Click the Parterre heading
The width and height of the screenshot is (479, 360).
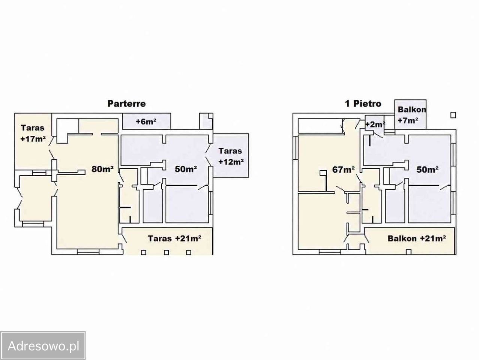pyautogui.click(x=126, y=103)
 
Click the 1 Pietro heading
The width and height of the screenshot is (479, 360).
pyautogui.click(x=363, y=103)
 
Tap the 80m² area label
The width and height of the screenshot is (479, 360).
pyautogui.click(x=102, y=169)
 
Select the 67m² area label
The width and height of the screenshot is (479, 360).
pyautogui.click(x=343, y=169)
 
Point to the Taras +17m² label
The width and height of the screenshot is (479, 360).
pyautogui.click(x=33, y=133)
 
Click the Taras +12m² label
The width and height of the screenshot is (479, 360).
pyautogui.click(x=231, y=156)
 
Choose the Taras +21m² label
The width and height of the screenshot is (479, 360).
pyautogui.click(x=174, y=238)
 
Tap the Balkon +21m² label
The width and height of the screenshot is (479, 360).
pyautogui.click(x=417, y=238)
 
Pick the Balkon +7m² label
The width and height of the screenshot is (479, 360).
pyautogui.click(x=411, y=115)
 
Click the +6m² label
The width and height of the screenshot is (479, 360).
pyautogui.click(x=146, y=121)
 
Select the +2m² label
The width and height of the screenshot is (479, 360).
pyautogui.click(x=375, y=124)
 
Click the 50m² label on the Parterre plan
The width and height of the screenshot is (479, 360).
pyautogui.click(x=186, y=169)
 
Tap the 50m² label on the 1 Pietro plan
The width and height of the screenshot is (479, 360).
pyautogui.click(x=427, y=169)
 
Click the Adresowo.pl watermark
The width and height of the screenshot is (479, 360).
pyautogui.click(x=43, y=346)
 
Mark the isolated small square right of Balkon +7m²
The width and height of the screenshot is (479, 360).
pyautogui.click(x=453, y=115)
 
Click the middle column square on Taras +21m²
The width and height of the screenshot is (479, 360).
pyautogui.click(x=167, y=252)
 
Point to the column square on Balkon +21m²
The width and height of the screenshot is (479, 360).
pyautogui.click(x=409, y=252)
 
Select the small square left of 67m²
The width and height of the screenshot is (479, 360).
pyautogui.click(x=323, y=173)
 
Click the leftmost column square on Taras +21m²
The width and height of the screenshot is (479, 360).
pyautogui.click(x=144, y=252)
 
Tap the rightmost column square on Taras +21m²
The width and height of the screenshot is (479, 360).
pyautogui.click(x=189, y=252)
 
